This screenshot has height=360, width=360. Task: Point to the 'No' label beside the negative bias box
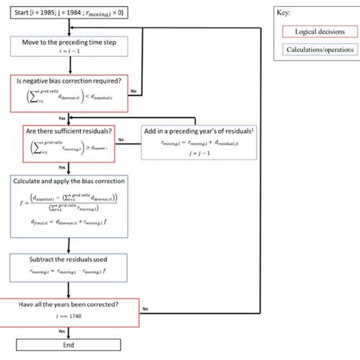coord(134,91)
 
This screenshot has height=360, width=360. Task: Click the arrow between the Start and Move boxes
coord(69,29)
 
